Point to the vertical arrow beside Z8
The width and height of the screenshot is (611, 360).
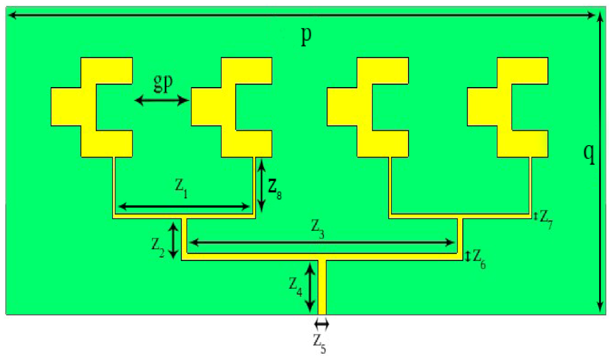pos(261,185)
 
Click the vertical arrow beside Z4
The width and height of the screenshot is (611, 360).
pos(310,286)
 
